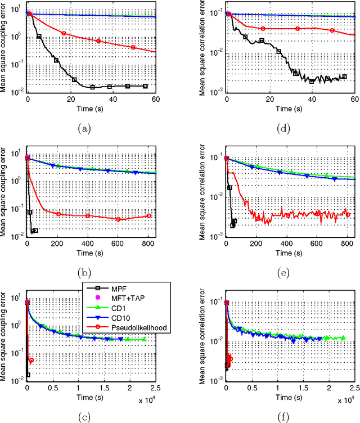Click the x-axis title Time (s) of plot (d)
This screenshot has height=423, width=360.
pos(289,110)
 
